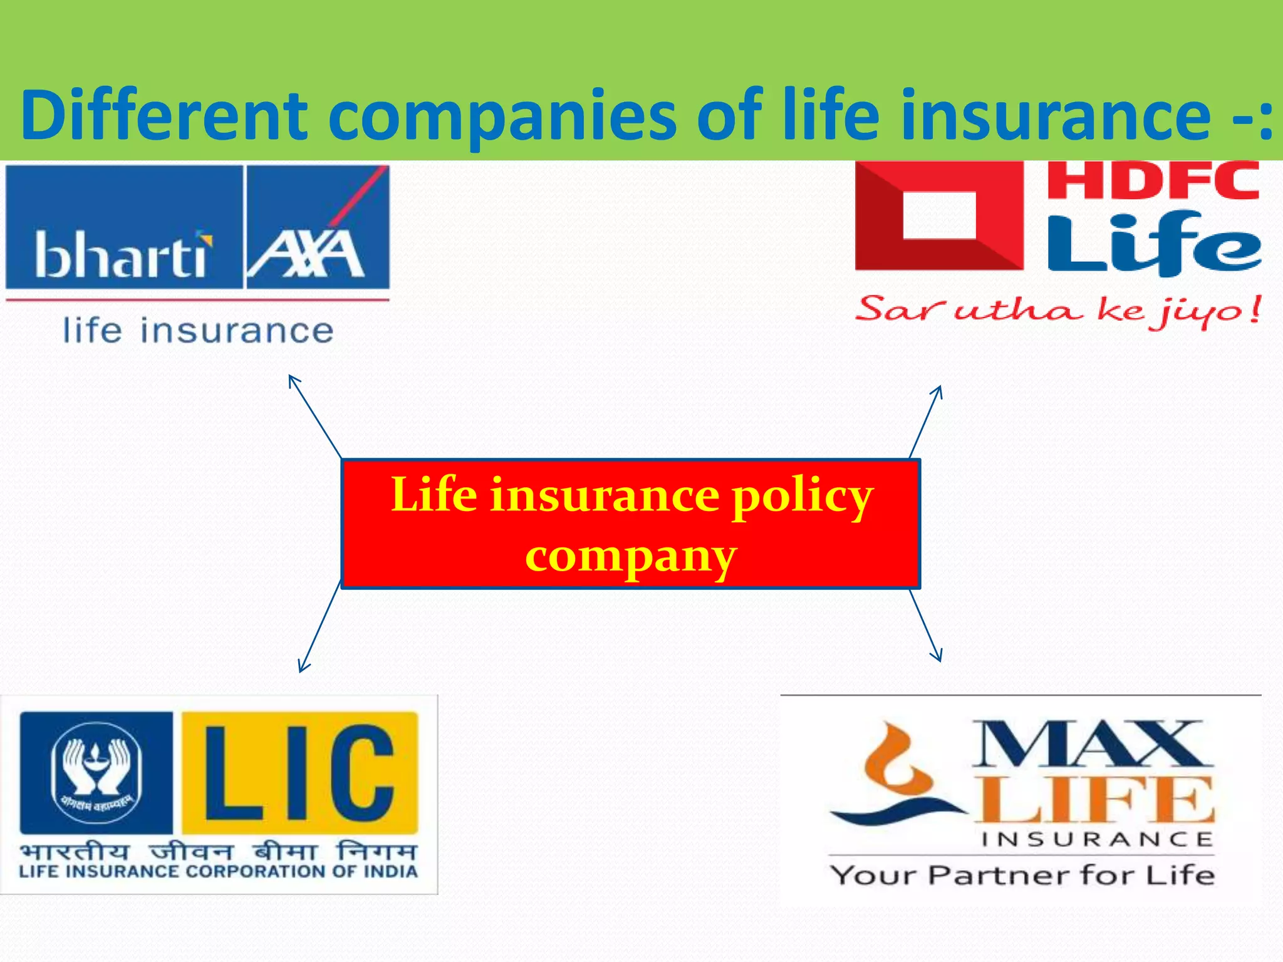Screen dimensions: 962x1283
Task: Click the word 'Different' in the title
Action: [x=164, y=116]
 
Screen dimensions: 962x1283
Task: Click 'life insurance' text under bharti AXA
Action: [x=198, y=331]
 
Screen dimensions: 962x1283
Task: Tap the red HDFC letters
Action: [x=1153, y=181]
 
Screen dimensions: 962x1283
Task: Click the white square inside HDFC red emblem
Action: [x=939, y=215]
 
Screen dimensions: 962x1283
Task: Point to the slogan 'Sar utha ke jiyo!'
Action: [x=1057, y=311]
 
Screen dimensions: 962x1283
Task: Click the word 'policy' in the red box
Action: [x=803, y=495]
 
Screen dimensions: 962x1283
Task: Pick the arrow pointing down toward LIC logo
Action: [x=319, y=626]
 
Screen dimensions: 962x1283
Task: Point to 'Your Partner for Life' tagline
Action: [x=1022, y=875]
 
